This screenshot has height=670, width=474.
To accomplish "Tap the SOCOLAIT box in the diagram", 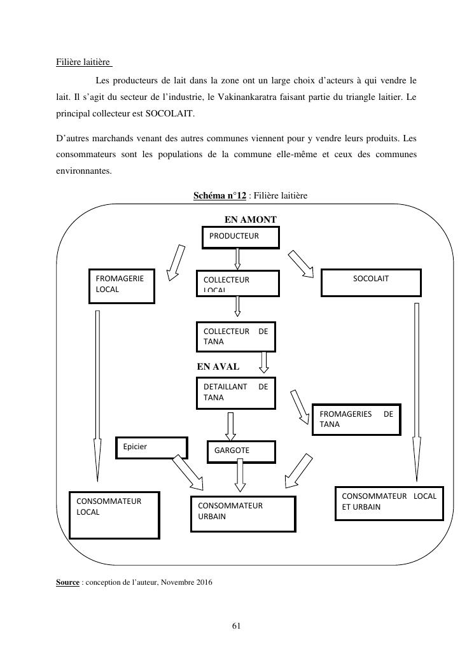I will click(371, 283).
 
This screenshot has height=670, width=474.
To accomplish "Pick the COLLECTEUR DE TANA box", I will click(235, 337).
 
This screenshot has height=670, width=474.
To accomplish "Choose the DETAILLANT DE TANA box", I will click(235, 393).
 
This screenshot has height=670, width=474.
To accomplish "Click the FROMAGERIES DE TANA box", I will click(356, 419).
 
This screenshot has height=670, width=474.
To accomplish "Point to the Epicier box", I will click(151, 447).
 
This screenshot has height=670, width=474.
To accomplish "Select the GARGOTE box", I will click(241, 451).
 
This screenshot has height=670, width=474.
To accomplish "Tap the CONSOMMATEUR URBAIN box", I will click(243, 513).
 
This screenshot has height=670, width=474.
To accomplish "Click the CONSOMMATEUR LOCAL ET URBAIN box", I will click(389, 503).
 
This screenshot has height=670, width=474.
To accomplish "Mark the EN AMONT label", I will click(251, 220).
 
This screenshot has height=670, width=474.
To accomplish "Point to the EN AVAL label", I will click(218, 366).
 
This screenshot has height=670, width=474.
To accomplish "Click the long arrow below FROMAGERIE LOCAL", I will click(97, 394).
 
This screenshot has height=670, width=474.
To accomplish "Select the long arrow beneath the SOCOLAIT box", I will click(417, 391).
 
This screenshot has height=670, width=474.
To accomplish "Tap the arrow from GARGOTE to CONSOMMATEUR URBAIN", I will click(240, 475).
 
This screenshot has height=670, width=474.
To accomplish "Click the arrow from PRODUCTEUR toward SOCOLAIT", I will click(301, 263).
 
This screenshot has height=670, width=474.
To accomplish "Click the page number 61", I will click(236, 626).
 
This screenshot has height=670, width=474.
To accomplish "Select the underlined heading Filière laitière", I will click(84, 62).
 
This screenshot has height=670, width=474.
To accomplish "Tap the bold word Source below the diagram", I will click(68, 582).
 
